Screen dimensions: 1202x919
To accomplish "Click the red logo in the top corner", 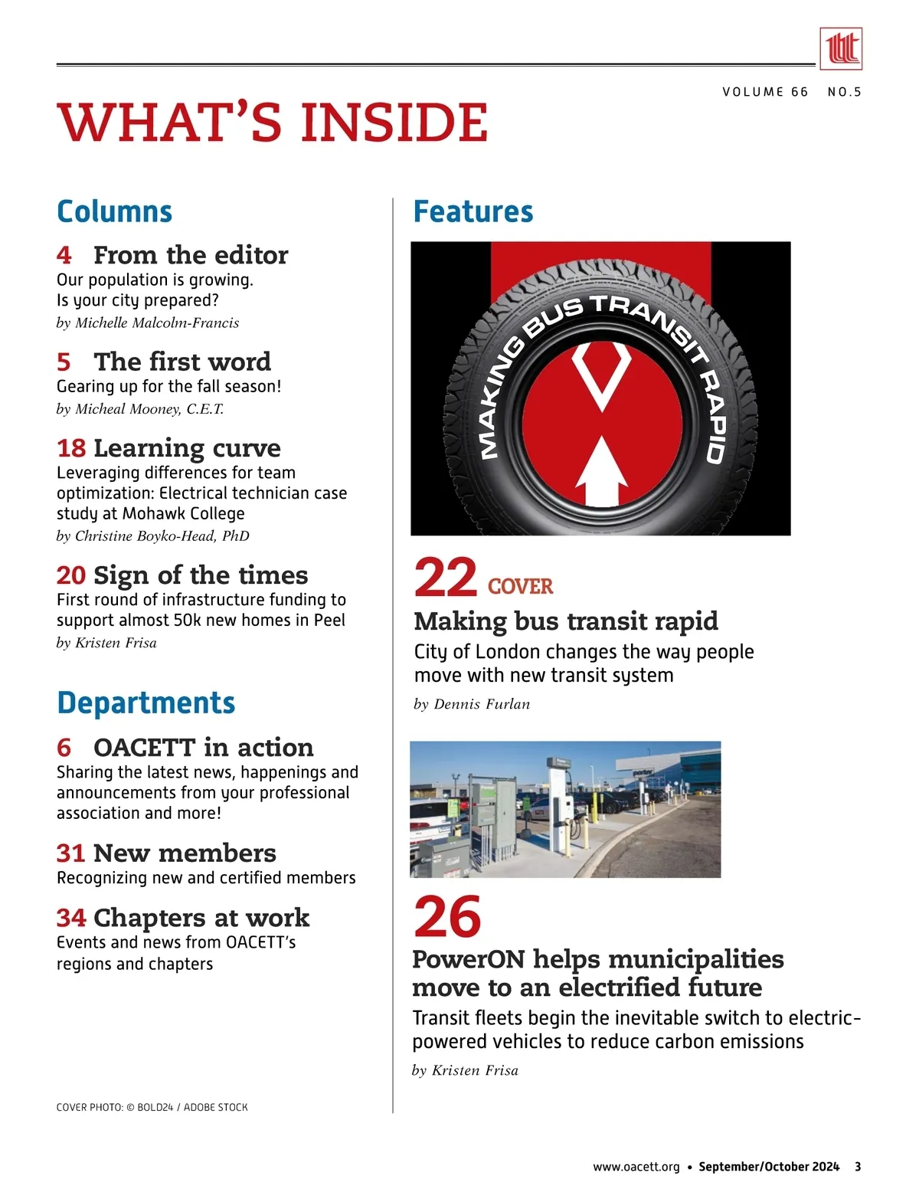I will click(840, 49).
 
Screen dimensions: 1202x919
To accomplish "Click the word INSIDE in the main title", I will click(394, 123).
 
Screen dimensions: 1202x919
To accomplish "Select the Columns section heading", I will click(115, 211).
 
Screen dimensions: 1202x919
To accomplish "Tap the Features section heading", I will click(473, 211).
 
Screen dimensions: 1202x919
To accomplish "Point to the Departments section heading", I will click(146, 703).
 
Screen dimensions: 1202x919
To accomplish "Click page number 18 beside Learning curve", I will click(71, 447).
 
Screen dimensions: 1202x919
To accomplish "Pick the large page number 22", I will click(445, 578).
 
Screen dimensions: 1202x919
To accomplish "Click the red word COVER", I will click(520, 587).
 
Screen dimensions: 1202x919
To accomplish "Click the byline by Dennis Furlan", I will click(472, 704).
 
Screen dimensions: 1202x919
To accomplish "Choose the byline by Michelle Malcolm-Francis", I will click(148, 323).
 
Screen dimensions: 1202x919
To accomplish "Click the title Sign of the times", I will click(201, 575).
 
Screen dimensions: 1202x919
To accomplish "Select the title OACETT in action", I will click(203, 747).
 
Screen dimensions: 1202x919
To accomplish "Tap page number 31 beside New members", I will click(70, 853).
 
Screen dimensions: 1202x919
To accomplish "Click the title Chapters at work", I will click(201, 917).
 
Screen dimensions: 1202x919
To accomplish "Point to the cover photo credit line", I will click(152, 1107).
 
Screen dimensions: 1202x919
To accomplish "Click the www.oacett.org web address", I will click(636, 1167).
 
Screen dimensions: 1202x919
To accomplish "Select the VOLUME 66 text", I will click(765, 92).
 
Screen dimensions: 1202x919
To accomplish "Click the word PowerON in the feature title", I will click(468, 959).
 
